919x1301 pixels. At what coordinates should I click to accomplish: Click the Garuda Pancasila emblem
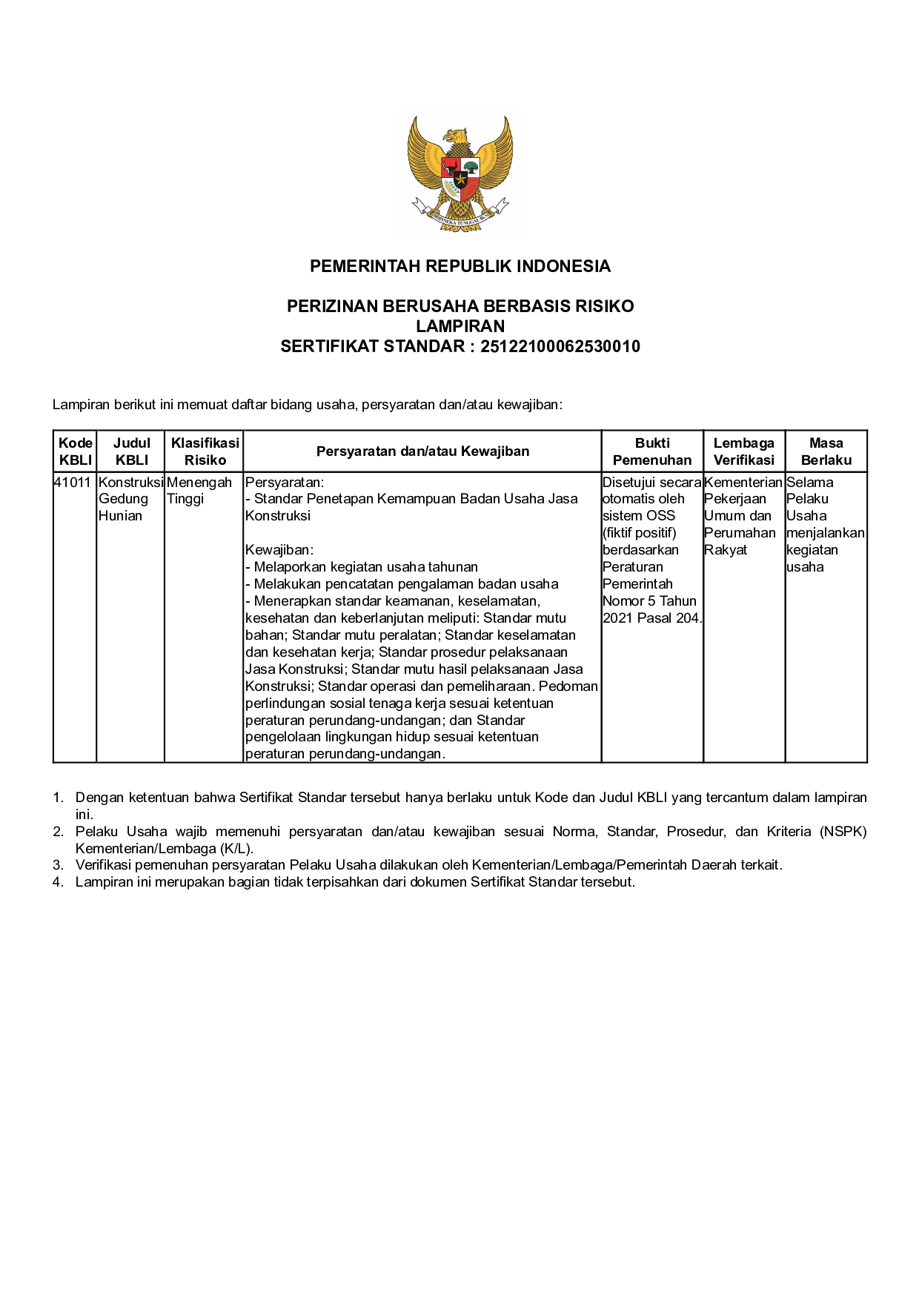[x=459, y=174]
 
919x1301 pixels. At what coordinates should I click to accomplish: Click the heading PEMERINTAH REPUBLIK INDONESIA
[x=459, y=267]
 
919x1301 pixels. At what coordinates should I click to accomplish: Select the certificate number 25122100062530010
[x=560, y=347]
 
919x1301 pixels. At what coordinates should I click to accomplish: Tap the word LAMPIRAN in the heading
[x=459, y=326]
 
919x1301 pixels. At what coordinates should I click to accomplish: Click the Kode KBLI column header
[x=76, y=451]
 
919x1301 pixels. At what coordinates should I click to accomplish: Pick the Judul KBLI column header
[x=131, y=451]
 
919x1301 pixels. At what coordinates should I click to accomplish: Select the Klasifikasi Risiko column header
[x=205, y=451]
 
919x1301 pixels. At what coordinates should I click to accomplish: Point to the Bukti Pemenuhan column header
[x=652, y=451]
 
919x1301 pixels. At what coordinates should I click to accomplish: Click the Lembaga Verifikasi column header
[x=743, y=451]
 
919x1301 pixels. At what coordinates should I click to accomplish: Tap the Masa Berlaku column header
[x=826, y=451]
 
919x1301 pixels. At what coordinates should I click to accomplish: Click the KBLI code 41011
[x=73, y=483]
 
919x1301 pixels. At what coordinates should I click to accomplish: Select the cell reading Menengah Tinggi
[x=199, y=491]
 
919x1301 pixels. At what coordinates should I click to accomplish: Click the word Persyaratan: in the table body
[x=285, y=483]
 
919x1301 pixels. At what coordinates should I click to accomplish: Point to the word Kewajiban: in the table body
[x=279, y=550]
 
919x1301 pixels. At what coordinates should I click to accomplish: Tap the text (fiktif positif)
[x=640, y=533]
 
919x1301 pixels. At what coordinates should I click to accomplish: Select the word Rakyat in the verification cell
[x=726, y=550]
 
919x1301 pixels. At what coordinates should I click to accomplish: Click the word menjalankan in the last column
[x=825, y=533]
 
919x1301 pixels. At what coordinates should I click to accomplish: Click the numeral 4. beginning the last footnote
[x=58, y=882]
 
